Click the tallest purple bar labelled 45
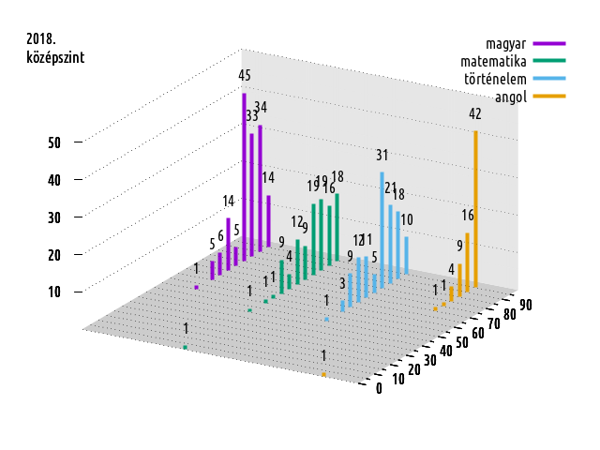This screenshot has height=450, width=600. [x=244, y=178]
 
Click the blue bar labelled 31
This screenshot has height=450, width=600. [x=382, y=225]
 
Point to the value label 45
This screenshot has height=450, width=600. [x=244, y=75]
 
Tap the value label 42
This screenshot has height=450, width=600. [x=475, y=113]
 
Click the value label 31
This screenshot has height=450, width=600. [x=382, y=155]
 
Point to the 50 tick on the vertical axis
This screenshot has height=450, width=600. [x=54, y=142]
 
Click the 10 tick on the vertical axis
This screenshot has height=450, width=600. [x=54, y=292]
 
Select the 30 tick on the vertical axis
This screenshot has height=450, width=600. [x=54, y=217]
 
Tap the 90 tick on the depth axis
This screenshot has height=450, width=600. [x=526, y=304]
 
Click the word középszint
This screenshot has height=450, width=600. [x=55, y=57]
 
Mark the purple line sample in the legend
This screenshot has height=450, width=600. [x=548, y=44]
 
